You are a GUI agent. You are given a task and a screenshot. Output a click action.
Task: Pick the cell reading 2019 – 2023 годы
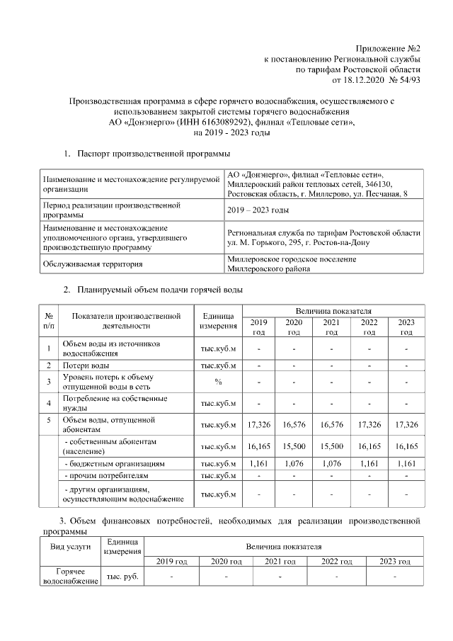pyautogui.click(x=258, y=210)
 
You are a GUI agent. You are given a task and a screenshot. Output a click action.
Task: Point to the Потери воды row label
pyautogui.click(x=85, y=365)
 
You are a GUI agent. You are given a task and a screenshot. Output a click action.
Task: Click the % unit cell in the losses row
pyautogui.click(x=219, y=382)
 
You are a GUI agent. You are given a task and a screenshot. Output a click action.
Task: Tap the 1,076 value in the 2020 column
pyautogui.click(x=294, y=463)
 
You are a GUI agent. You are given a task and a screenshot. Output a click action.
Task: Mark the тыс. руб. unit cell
pyautogui.click(x=123, y=576)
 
